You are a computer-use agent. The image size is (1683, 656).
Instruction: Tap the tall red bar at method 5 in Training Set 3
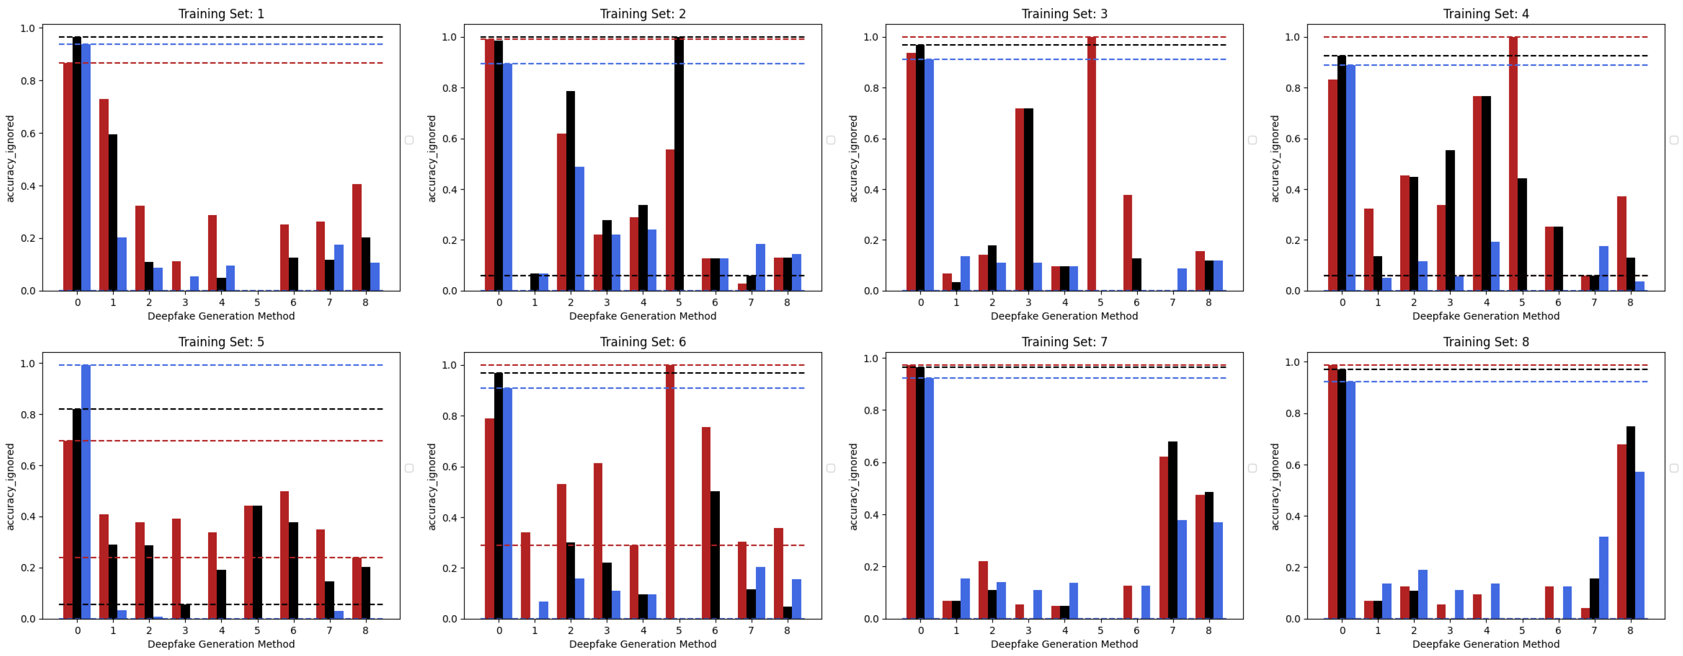[x=1091, y=163]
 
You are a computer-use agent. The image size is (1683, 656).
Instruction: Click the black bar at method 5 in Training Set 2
[x=679, y=163]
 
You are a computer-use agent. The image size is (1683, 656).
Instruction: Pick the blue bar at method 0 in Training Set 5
[x=85, y=490]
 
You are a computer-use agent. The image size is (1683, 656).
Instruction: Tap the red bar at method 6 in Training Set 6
[x=706, y=523]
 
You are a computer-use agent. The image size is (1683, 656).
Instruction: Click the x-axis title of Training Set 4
[x=1485, y=316]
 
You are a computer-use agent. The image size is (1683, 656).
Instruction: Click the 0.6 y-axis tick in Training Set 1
[x=27, y=133]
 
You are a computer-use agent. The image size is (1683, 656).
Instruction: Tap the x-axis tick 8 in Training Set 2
[x=787, y=303]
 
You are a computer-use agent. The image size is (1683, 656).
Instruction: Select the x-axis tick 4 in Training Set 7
[x=1064, y=631]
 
